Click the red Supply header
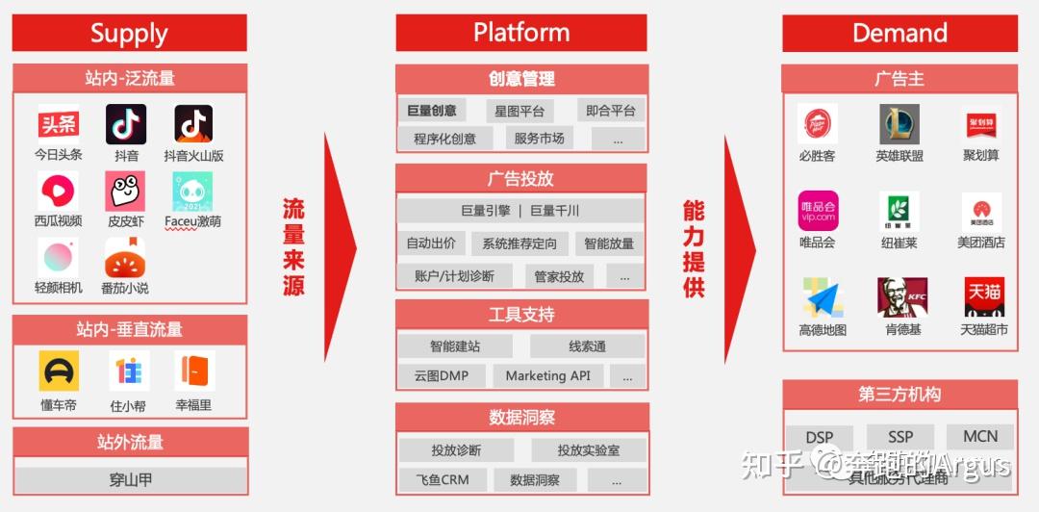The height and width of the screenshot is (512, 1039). pyautogui.click(x=129, y=33)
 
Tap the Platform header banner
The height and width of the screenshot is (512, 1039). pyautogui.click(x=520, y=33)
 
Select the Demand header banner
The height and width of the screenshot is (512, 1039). pyautogui.click(x=900, y=33)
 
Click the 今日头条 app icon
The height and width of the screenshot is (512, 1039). pyautogui.click(x=59, y=124)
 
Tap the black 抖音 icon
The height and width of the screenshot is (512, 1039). pyautogui.click(x=126, y=124)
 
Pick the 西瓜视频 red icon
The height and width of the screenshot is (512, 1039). pyautogui.click(x=59, y=191)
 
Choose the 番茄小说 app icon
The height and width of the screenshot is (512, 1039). pyautogui.click(x=125, y=257)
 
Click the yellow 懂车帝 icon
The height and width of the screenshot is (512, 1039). pyautogui.click(x=59, y=371)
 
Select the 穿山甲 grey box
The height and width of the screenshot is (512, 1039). pyautogui.click(x=130, y=479)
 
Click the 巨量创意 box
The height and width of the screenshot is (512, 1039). pyautogui.click(x=431, y=111)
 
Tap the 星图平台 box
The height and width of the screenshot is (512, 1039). pyautogui.click(x=519, y=111)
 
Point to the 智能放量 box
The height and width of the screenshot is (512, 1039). pyautogui.click(x=609, y=243)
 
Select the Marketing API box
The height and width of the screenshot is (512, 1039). pyautogui.click(x=548, y=375)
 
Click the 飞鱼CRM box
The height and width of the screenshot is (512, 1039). pyautogui.click(x=442, y=479)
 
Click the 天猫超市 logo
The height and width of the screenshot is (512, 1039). pyautogui.click(x=984, y=297)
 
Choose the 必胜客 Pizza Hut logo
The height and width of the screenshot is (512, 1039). pyautogui.click(x=817, y=124)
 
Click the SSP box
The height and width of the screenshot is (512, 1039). pyautogui.click(x=900, y=437)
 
